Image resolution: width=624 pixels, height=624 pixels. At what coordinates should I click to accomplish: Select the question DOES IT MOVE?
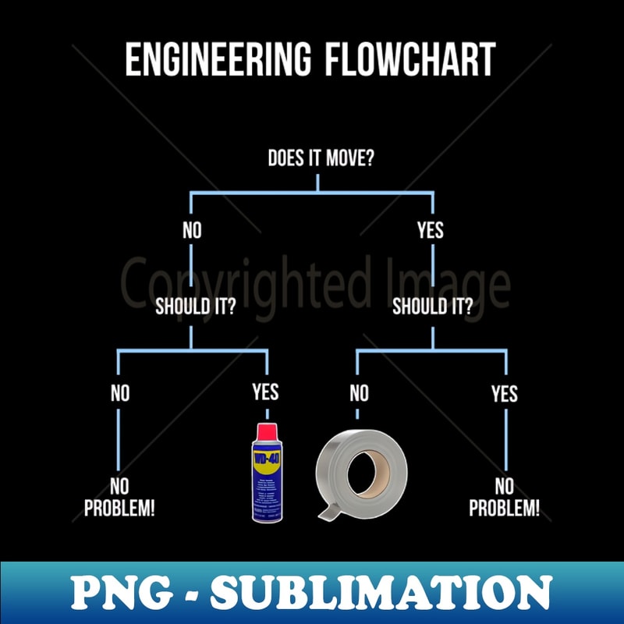point(321,158)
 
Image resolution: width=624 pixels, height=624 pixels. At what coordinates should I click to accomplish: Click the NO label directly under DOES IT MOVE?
point(191,230)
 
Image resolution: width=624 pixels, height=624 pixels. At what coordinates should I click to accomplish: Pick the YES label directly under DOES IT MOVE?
point(430,230)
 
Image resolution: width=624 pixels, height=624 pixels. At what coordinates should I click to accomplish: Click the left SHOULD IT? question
point(195,306)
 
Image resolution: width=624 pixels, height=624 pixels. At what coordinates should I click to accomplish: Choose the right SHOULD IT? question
point(432,306)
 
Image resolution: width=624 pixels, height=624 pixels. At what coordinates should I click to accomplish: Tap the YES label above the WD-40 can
point(265,392)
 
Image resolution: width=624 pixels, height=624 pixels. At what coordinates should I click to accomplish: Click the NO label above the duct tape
point(359,393)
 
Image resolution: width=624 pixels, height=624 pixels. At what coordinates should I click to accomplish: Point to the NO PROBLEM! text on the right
point(504,498)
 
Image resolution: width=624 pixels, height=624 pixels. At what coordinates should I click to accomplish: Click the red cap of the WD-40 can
point(266,430)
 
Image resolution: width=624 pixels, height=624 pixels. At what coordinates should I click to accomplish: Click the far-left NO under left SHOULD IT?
point(120,393)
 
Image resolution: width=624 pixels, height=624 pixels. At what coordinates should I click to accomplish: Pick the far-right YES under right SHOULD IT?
point(505,393)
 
